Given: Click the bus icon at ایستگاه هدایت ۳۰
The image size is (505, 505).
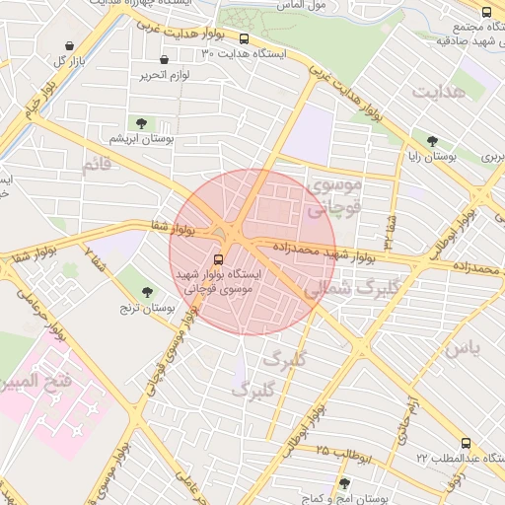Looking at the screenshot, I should coord(244,39).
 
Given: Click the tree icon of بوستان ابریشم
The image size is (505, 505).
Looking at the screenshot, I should coord(140,123).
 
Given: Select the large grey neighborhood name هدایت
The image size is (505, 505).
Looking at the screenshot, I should coord(437,92).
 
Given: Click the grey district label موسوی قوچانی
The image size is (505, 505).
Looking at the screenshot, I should coord(335,195).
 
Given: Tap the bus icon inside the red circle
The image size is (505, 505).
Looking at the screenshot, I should coord(218,259).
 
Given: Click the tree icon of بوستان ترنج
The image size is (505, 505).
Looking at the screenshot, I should coord(147,292).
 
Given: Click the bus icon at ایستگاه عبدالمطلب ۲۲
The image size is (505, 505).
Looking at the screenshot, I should coord(465,443).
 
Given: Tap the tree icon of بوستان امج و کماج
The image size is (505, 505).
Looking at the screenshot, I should coord(344,482).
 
